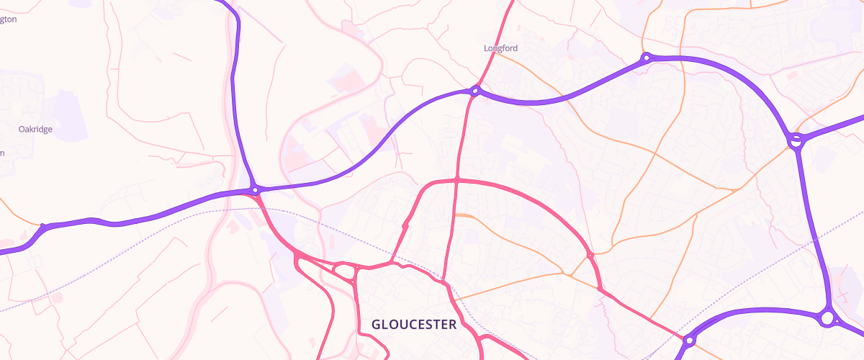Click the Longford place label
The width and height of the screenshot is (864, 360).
[500, 48]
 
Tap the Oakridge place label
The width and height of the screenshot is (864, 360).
[35, 130]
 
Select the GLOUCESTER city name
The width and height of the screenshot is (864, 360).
[414, 325]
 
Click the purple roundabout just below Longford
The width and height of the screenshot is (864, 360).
[475, 91]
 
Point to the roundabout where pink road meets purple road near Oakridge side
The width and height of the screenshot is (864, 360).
[255, 190]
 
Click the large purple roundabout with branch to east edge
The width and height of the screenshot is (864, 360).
[796, 141]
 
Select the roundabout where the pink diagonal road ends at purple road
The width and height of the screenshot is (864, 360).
[689, 340]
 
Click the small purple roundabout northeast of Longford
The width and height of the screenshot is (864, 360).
[647, 57]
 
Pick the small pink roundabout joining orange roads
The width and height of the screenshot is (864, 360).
[590, 255]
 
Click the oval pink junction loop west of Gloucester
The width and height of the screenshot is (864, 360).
[346, 271]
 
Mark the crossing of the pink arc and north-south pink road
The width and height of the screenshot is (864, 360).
[457, 179]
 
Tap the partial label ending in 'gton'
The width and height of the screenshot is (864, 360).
[8, 19]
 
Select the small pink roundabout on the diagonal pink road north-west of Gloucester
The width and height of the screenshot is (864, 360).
[405, 226]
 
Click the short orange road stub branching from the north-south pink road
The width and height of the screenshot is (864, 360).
[464, 215]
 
